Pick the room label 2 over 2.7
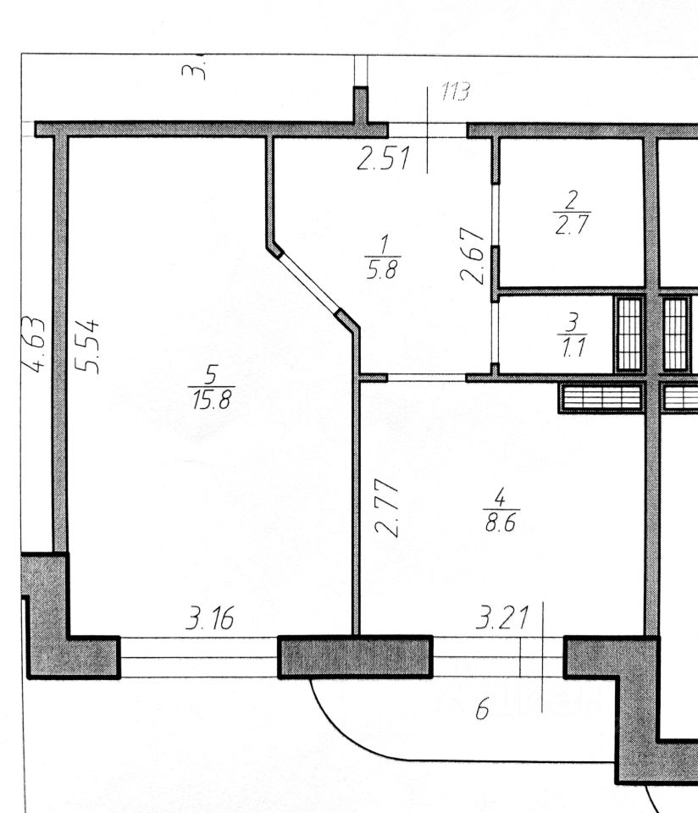[571, 214]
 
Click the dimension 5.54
[89, 346]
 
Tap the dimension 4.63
[34, 345]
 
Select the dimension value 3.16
[209, 619]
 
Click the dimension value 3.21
[501, 619]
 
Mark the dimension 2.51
[383, 159]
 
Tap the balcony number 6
[482, 710]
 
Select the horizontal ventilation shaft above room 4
[600, 397]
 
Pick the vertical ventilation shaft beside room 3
[629, 334]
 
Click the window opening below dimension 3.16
[199, 656]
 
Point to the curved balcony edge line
[339, 728]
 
